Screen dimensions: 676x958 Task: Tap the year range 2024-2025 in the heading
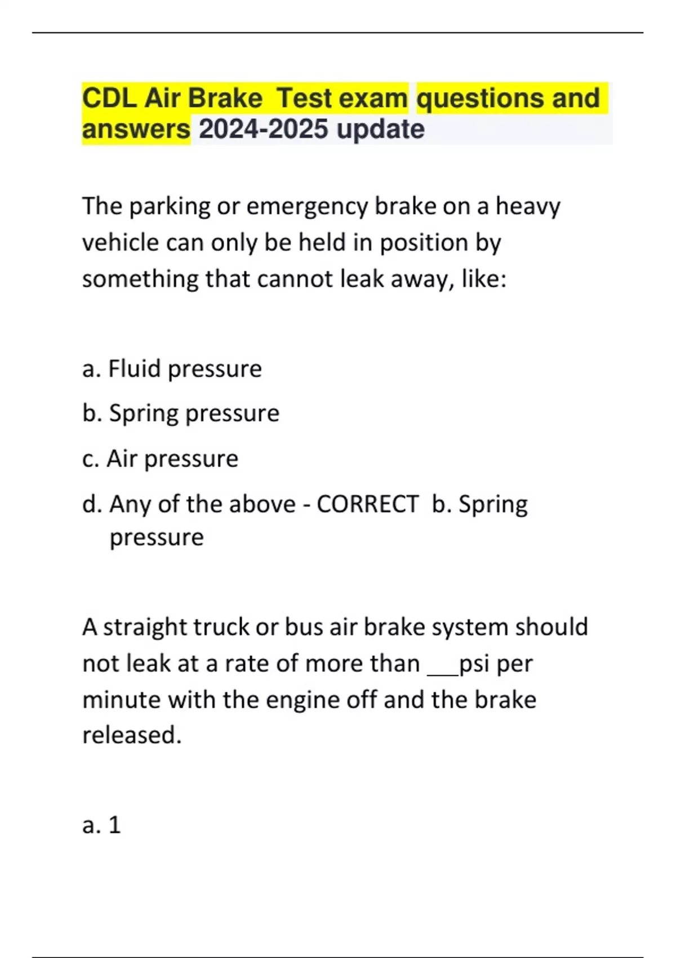coord(264,129)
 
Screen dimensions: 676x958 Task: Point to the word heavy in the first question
coord(528,207)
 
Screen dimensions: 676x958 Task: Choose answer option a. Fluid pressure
coord(172,369)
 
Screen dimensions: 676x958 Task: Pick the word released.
coord(132,736)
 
